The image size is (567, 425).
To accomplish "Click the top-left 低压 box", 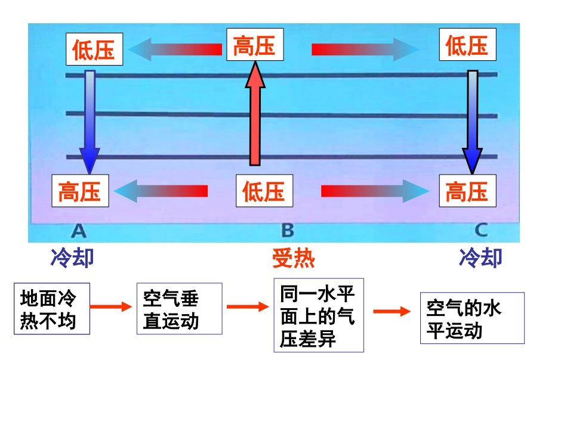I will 94,49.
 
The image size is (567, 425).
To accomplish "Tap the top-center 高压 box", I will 255,45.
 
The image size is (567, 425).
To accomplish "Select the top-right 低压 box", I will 467,45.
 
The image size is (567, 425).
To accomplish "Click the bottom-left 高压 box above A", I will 80,191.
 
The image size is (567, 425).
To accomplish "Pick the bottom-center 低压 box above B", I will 264,191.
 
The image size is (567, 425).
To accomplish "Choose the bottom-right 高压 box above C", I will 467,191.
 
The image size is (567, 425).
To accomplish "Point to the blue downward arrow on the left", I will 90,119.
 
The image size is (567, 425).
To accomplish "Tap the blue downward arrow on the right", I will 472,119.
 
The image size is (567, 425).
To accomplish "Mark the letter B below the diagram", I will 287,229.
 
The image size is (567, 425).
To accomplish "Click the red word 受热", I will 293,258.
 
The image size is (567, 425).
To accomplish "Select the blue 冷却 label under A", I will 72,258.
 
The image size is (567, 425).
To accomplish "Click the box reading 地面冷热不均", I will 52,309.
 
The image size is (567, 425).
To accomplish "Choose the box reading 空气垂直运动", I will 179,309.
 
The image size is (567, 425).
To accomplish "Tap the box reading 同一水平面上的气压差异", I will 318,315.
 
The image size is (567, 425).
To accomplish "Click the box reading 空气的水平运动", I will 472,318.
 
